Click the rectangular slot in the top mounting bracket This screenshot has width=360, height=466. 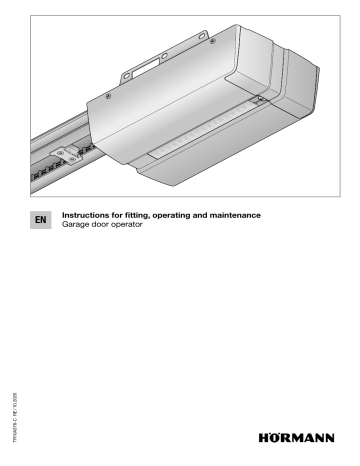click(142, 73)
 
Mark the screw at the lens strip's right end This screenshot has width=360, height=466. click(258, 101)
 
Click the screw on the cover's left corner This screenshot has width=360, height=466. click(107, 96)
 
